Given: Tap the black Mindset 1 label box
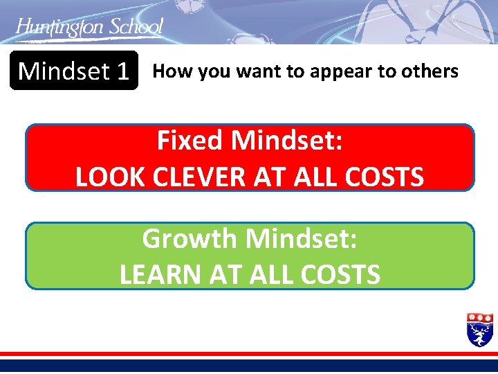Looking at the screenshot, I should (x=74, y=71).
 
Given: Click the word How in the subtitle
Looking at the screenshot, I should (x=167, y=71).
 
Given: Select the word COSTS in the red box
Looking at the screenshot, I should (x=384, y=177).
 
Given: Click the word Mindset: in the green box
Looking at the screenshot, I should (x=302, y=239).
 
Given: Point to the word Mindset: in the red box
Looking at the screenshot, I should (x=287, y=141).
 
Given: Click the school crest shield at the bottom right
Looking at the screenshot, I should (x=480, y=329).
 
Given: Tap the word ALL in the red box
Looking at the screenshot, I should (x=317, y=177).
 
